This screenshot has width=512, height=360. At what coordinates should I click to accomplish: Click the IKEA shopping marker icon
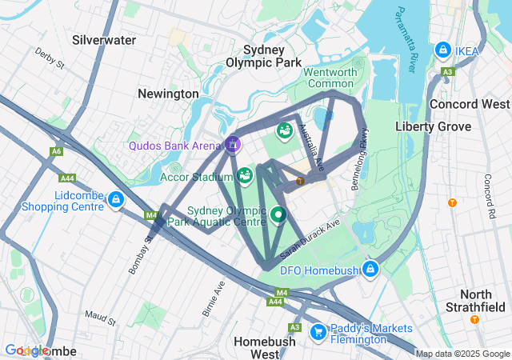442,50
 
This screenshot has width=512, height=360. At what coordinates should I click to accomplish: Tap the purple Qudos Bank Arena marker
232,145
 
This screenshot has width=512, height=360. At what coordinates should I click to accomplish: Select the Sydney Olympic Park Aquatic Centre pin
278,214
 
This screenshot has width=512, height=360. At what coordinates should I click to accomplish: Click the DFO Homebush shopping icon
370,269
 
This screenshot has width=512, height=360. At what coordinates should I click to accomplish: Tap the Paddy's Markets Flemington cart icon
318,330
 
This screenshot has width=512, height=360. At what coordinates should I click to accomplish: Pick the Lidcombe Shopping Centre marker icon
117,198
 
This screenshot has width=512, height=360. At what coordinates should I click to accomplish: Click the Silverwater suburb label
104,39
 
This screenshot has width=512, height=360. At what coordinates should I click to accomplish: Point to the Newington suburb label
168,94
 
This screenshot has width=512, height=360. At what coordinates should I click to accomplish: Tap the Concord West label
469,104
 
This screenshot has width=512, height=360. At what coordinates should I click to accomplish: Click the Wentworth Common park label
330,78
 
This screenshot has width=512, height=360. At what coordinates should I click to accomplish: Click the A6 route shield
56,151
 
